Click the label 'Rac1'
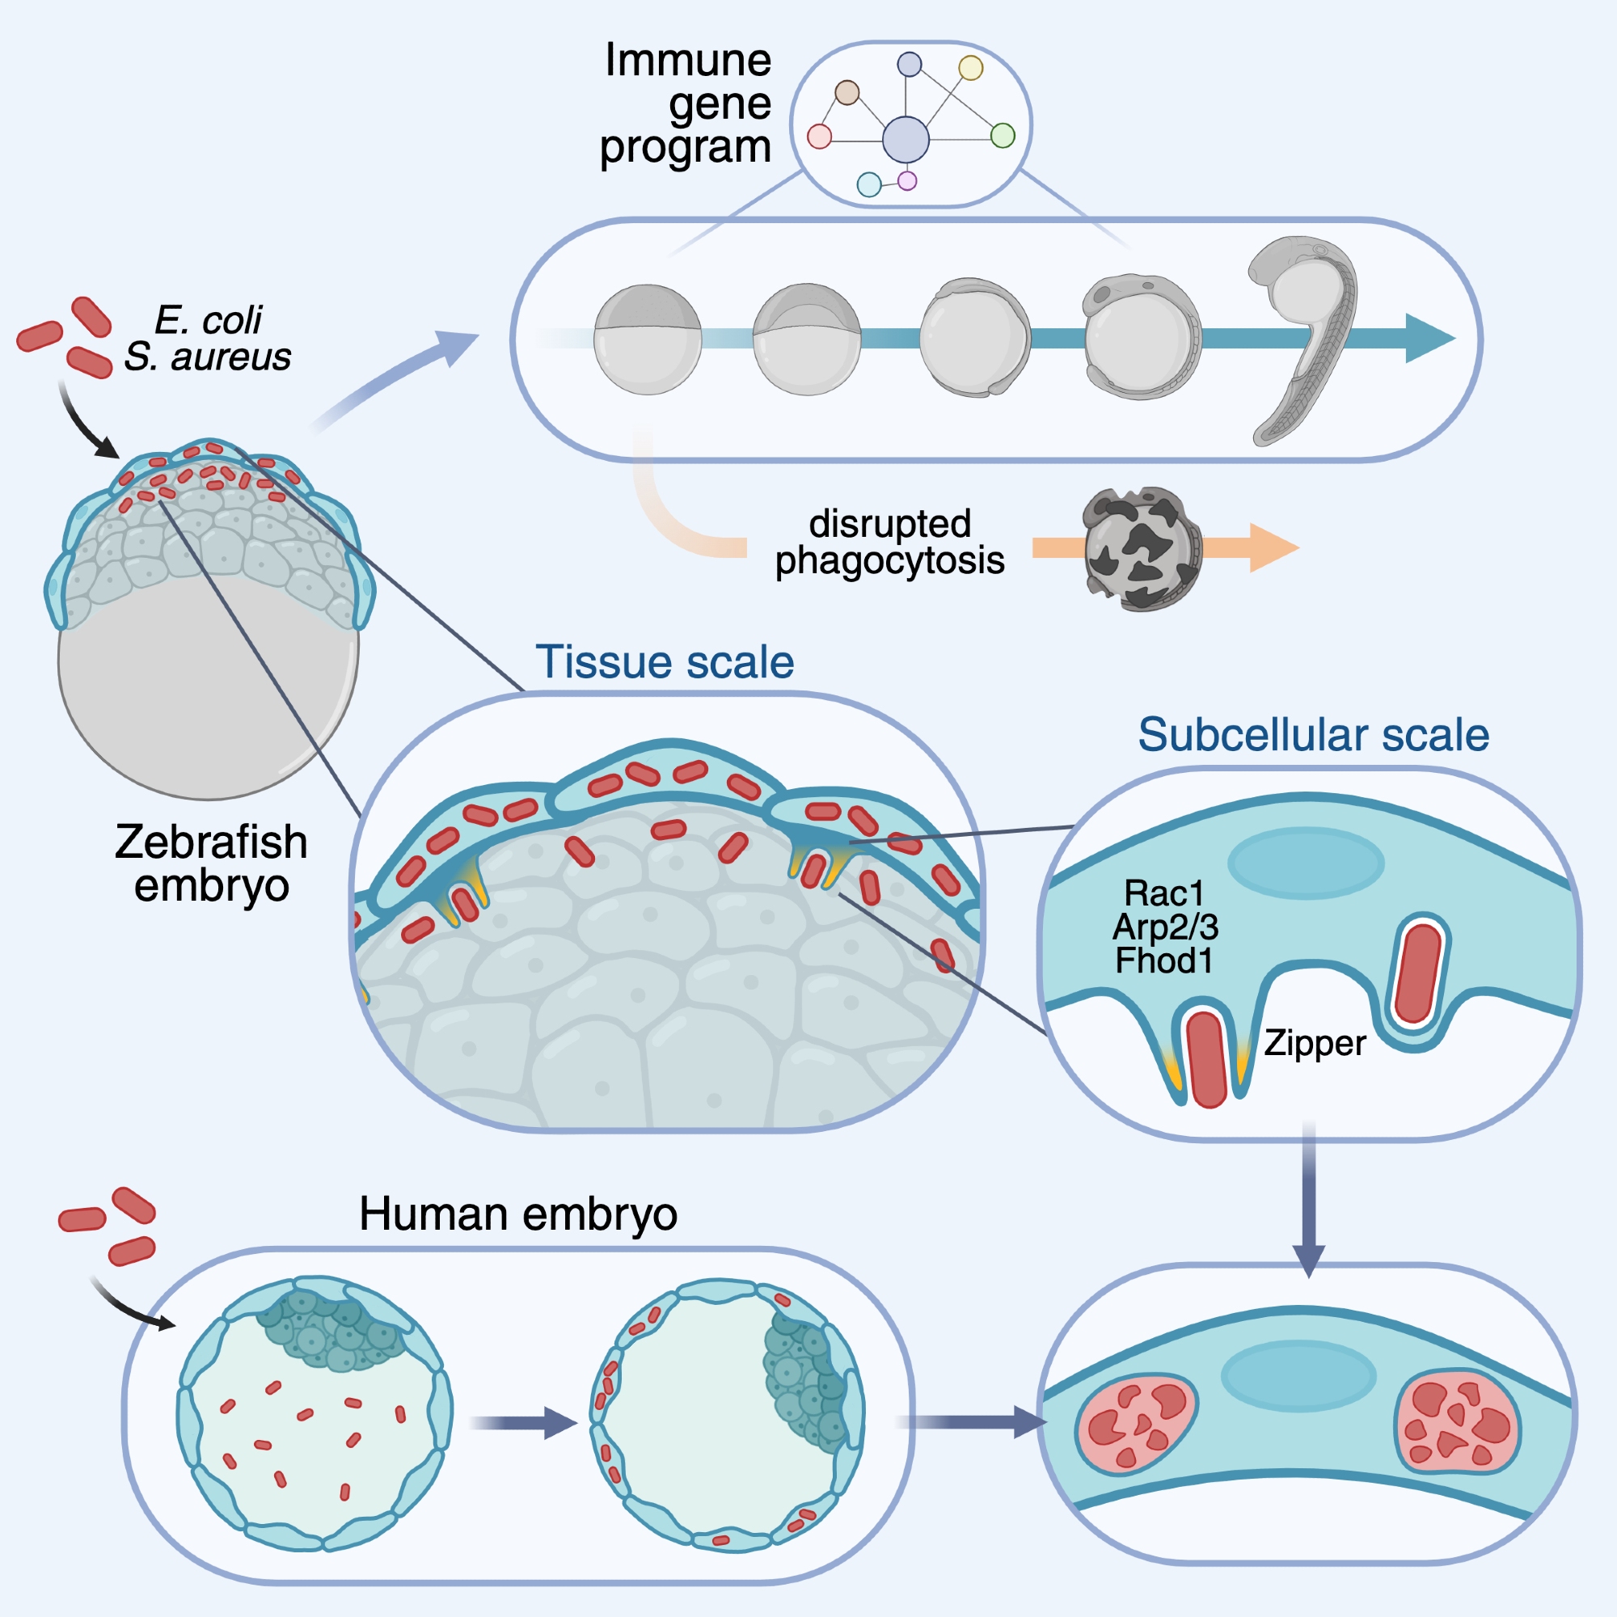1163,893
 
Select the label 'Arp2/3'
1165,927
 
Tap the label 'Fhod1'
1163,960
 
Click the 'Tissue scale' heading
664,662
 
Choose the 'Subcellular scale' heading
1313,735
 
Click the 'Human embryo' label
518,1214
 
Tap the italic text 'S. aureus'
208,357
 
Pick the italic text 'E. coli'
209,319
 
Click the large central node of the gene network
906,139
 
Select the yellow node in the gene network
970,68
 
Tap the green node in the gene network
1003,135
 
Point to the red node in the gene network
819,136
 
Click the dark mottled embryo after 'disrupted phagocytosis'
1142,549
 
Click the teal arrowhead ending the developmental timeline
1429,338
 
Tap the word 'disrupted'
889,524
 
